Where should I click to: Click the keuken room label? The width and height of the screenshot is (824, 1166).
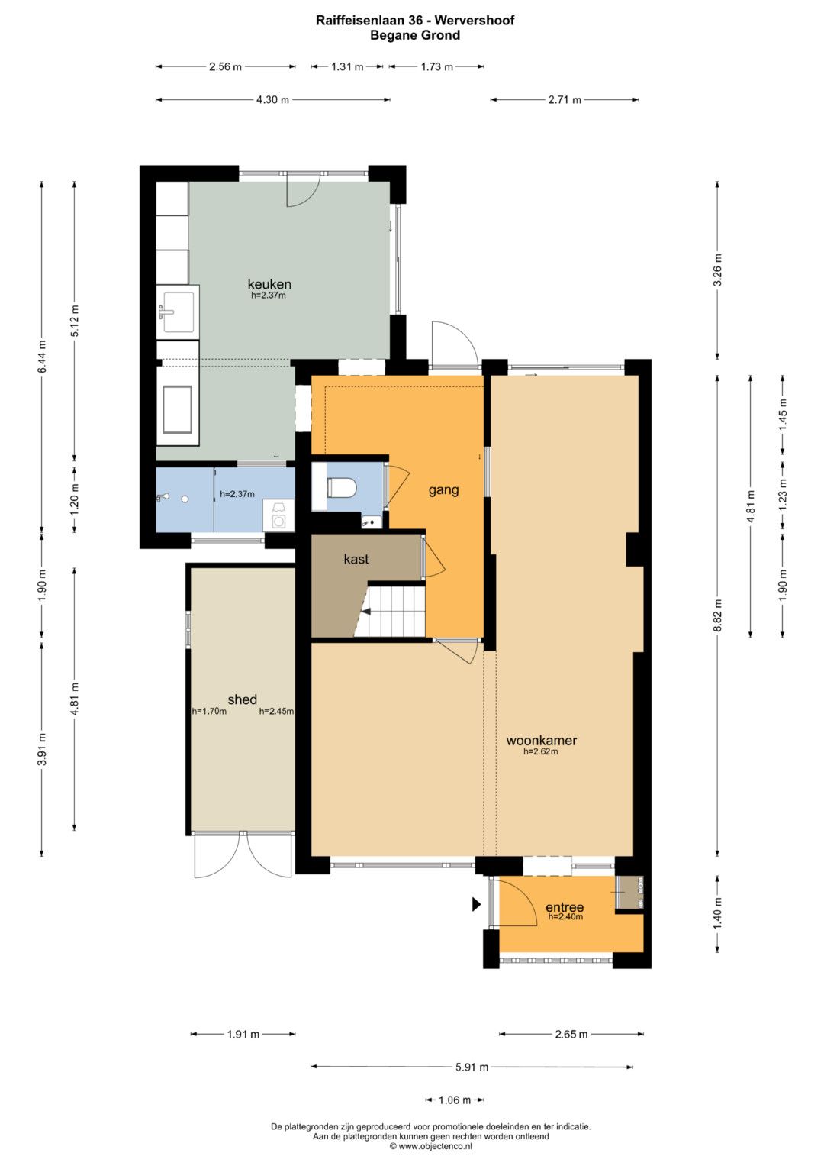(269, 284)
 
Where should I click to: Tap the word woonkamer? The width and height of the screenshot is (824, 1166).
(542, 740)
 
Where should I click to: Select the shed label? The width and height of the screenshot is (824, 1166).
(243, 699)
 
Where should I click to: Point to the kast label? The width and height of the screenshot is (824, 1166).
(356, 559)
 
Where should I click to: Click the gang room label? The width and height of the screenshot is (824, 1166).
(444, 490)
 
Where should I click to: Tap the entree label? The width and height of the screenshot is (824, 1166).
(565, 908)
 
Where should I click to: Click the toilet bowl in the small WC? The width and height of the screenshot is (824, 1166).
(341, 488)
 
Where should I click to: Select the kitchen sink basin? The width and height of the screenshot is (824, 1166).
(179, 312)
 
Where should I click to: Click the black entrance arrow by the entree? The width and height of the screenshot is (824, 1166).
(476, 905)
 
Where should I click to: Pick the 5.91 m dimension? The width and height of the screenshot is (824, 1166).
(472, 1067)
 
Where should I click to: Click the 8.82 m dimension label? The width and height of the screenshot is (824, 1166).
(718, 615)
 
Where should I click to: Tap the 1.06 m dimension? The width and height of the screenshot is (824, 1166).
(455, 1100)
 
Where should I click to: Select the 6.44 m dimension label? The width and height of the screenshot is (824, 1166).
(42, 356)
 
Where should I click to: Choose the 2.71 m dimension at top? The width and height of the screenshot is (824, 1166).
(565, 99)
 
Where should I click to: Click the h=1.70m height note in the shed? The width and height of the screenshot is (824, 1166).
(209, 712)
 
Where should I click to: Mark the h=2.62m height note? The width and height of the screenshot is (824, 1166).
(540, 751)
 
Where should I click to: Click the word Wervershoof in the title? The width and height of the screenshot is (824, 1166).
(475, 21)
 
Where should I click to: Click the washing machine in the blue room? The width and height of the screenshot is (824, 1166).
(278, 515)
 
